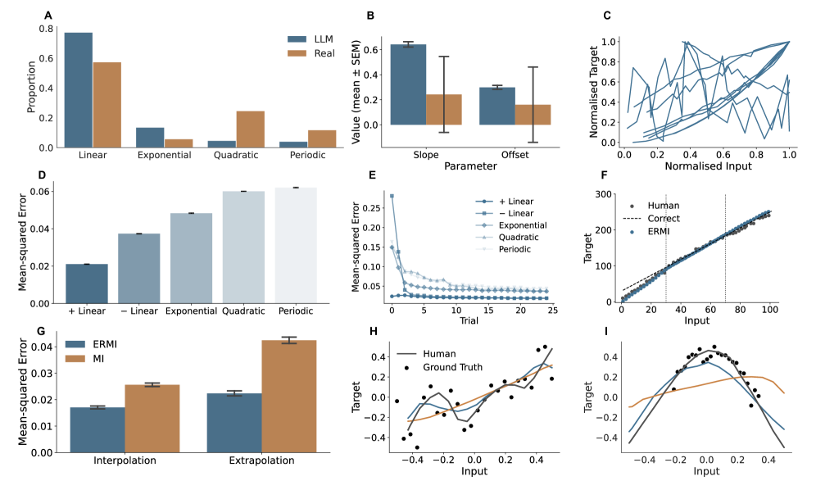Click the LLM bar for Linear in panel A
coord(79,90)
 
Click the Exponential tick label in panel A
coord(164,155)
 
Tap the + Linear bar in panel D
coord(87,284)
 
